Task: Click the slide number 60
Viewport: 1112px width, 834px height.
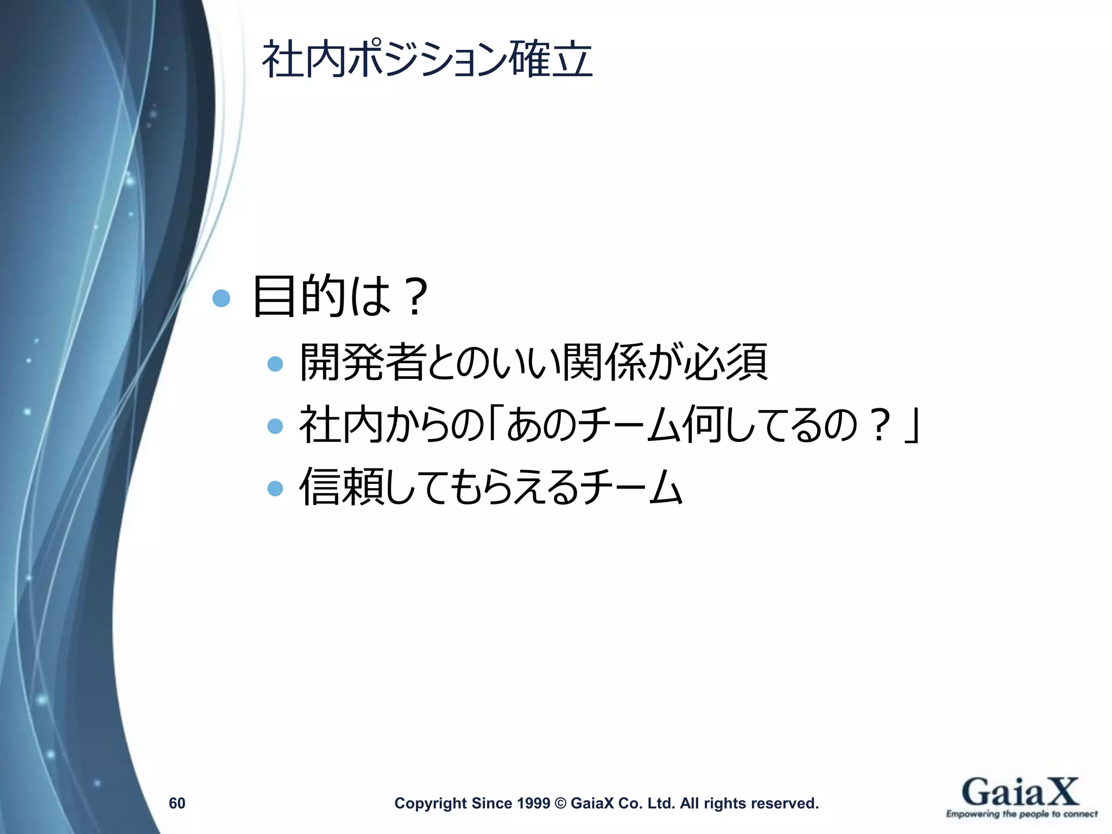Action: coord(177,803)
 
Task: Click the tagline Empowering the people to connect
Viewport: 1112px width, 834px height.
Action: coord(1022,814)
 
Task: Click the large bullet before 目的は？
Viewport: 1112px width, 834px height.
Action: coord(221,298)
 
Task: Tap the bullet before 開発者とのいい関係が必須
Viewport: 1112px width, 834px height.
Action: coord(275,364)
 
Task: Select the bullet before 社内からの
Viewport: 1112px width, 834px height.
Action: coord(275,426)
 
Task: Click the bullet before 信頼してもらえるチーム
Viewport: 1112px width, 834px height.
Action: coord(275,489)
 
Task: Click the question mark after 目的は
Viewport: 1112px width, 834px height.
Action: coord(415,297)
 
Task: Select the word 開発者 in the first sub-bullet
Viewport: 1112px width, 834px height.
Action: coord(362,362)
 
